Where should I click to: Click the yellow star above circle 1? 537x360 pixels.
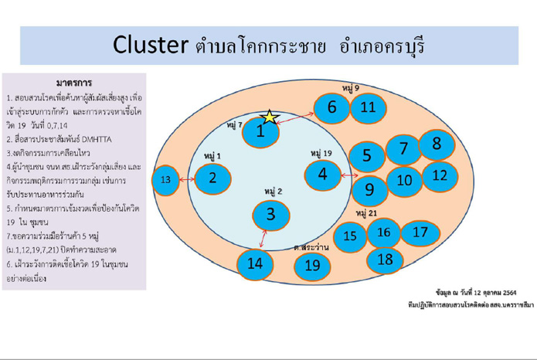(x=269, y=117)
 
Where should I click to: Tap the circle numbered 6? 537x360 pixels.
(x=331, y=107)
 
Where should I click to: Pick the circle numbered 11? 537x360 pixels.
(x=368, y=107)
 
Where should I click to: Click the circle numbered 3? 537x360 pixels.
(x=270, y=213)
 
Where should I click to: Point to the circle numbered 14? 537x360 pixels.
(x=255, y=263)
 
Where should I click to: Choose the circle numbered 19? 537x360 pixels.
(x=312, y=266)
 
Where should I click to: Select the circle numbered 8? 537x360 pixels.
(x=437, y=144)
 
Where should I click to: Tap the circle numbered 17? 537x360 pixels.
(x=420, y=231)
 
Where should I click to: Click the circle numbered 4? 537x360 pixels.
(x=323, y=175)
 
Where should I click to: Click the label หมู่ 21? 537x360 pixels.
(x=367, y=212)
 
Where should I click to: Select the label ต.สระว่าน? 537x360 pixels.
(x=311, y=247)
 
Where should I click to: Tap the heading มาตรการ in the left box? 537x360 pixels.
(x=75, y=83)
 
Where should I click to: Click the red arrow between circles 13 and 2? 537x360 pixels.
(x=185, y=179)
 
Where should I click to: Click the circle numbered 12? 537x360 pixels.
(x=440, y=176)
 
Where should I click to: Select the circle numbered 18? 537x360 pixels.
(x=385, y=260)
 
